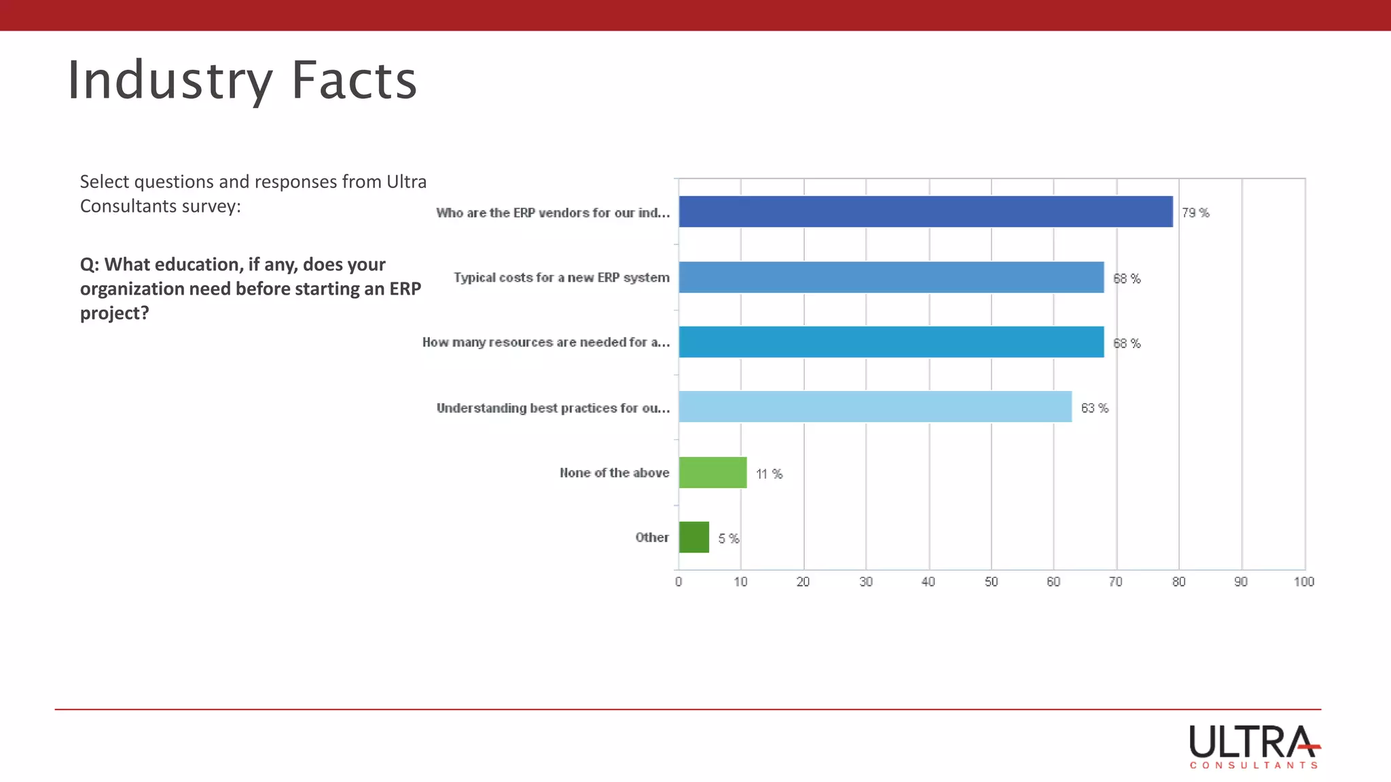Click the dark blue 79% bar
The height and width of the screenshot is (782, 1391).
coord(925,212)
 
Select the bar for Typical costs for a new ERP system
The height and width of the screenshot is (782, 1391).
coord(891,277)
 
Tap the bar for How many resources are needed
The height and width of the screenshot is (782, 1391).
coord(891,342)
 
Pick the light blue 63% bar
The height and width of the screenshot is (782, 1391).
coord(875,407)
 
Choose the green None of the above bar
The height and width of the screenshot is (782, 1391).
coord(712,472)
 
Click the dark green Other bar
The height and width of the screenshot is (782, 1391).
coord(693,537)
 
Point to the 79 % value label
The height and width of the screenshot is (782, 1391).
coord(1195,213)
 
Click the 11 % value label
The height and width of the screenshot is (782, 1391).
coord(769,474)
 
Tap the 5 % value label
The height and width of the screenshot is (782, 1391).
coord(728,538)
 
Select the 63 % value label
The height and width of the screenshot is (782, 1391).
coord(1094,408)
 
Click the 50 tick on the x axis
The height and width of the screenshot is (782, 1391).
coord(991,582)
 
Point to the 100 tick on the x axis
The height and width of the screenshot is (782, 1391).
coord(1303,582)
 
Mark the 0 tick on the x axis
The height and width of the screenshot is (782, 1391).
coord(679,582)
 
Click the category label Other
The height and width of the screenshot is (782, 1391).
coord(652,538)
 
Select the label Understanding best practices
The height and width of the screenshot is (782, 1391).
coord(553,408)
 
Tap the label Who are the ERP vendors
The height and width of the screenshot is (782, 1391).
coord(553,213)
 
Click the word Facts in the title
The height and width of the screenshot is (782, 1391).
coord(354,81)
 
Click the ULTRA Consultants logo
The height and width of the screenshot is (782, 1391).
coord(1254,746)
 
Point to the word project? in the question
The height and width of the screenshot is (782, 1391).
coord(114,314)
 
